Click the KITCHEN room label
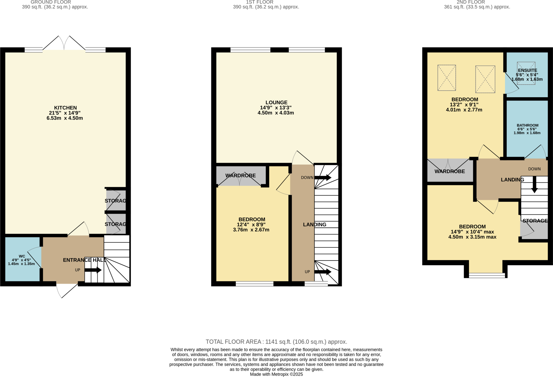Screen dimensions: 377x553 (x=65, y=108)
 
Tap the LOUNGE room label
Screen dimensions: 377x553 (x=276, y=103)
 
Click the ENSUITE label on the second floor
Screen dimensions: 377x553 (x=527, y=70)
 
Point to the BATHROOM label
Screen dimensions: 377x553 (x=527, y=125)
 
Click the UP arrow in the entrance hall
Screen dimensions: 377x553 (x=93, y=270)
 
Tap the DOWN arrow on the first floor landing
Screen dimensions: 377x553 (x=323, y=178)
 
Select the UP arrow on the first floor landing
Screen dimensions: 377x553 (x=323, y=272)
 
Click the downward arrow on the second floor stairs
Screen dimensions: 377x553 (x=534, y=185)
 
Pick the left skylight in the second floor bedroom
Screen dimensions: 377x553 (x=447, y=78)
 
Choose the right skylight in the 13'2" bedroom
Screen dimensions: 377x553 (x=485, y=79)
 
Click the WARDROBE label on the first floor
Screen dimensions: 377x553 (x=240, y=176)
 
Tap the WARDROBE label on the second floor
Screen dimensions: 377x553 (x=450, y=171)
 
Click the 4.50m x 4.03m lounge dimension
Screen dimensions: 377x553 (x=276, y=113)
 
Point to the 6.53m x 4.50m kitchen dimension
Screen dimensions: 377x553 (x=65, y=118)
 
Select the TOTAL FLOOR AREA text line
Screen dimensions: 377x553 (x=276, y=342)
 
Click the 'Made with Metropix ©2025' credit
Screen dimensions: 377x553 (x=276, y=374)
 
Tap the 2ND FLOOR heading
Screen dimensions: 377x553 (x=470, y=2)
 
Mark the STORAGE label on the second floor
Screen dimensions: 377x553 (x=535, y=221)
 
